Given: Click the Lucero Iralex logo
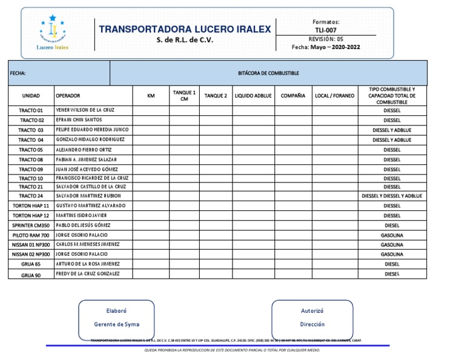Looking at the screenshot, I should pos(53,34).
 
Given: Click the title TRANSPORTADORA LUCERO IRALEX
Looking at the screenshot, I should pos(185,29).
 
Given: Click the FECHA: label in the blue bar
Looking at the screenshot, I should pos(18,73).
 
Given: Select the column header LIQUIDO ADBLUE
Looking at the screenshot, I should pos(253,96).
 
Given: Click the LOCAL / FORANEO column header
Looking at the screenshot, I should pos(335,96).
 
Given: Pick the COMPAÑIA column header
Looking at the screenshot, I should pos(292,96).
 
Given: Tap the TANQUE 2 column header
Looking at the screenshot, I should pos(216,96).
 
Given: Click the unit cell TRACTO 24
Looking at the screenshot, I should pos(31,196).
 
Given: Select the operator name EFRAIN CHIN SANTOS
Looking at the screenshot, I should pos(79,120).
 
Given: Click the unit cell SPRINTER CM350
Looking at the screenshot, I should pos(31,225).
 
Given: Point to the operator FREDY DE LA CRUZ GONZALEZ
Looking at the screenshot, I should pos(87,274).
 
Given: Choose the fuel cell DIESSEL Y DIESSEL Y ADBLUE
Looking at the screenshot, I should pos(392,196).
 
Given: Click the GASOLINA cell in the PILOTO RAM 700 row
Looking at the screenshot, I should pos(392,235).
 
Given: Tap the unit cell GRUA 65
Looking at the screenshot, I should pos(31,264).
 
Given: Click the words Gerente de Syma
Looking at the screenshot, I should pos(116,324).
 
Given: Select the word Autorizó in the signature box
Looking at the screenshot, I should pos(312,310).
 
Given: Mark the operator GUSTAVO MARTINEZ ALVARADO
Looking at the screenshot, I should pos(90,206).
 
